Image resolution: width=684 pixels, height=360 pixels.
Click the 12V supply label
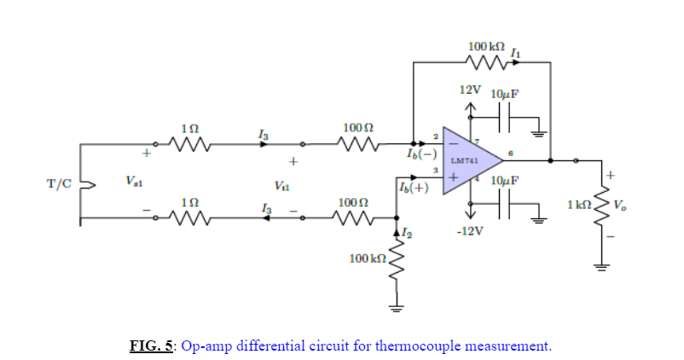pyautogui.click(x=471, y=90)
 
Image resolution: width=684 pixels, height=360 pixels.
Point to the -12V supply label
pyautogui.click(x=472, y=231)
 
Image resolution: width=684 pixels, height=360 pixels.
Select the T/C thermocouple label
pyautogui.click(x=60, y=182)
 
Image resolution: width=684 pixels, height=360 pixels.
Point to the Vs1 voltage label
pyautogui.click(x=134, y=181)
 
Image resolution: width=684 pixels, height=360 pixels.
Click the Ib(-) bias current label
pyautogui.click(x=422, y=155)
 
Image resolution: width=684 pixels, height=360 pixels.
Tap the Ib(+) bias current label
pyautogui.click(x=414, y=188)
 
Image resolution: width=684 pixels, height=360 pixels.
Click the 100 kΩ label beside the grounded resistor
pyautogui.click(x=368, y=257)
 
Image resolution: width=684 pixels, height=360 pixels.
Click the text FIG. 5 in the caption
pyautogui.click(x=151, y=345)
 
